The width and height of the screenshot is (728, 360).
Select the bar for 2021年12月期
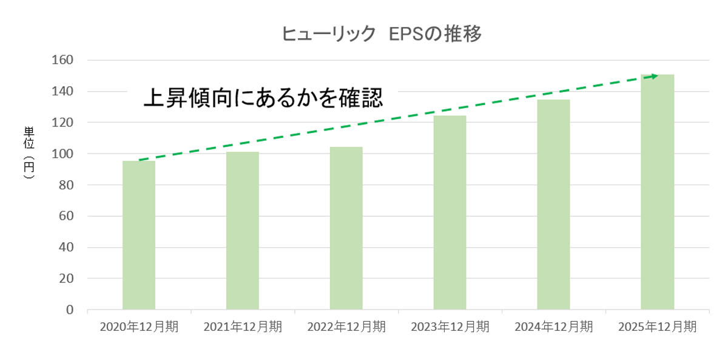(243, 231)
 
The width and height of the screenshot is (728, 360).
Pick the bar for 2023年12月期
(450, 212)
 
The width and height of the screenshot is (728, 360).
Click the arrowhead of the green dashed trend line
(654, 76)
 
